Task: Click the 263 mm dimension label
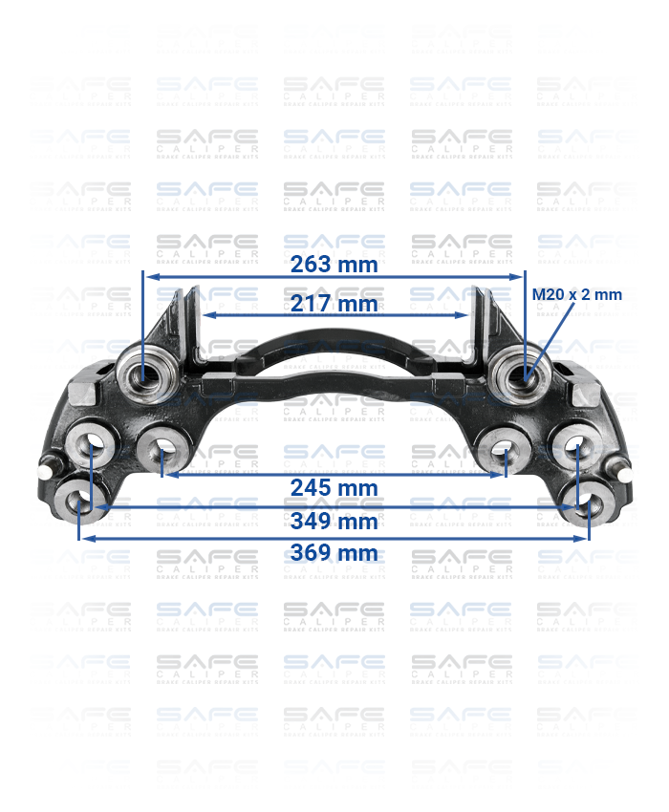pyautogui.click(x=334, y=265)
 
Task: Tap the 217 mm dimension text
pyautogui.click(x=334, y=304)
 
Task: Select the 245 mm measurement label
pyautogui.click(x=334, y=487)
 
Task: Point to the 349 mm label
pyautogui.click(x=334, y=521)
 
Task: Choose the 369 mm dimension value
pyautogui.click(x=334, y=552)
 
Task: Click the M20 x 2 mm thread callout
pyautogui.click(x=576, y=294)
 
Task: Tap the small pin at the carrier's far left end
pyautogui.click(x=45, y=471)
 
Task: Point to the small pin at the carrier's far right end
pyautogui.click(x=624, y=471)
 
